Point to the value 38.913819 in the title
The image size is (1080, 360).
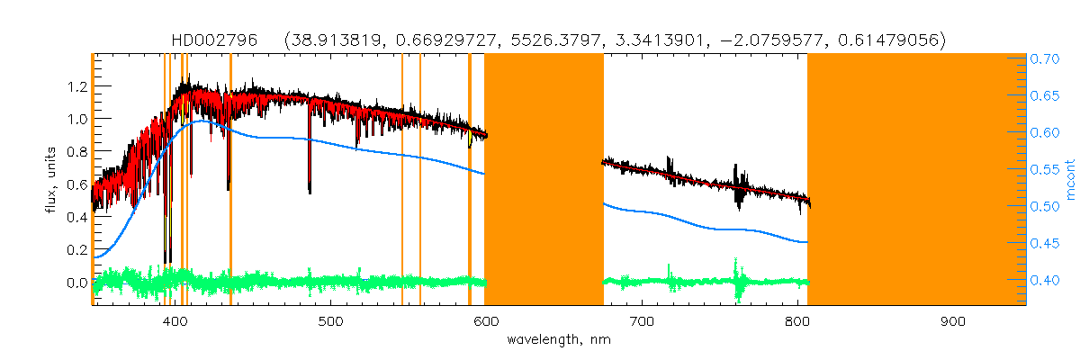coord(328,40)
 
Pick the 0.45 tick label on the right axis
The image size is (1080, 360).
coord(1045,243)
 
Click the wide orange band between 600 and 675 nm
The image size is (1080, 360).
coord(544,180)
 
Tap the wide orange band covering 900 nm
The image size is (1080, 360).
coord(916,180)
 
